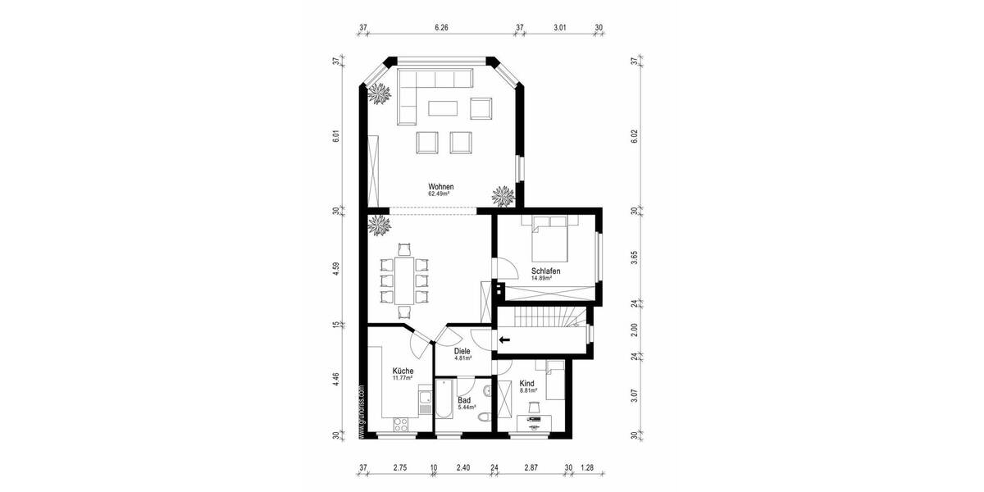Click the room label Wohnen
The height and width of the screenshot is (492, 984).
(x=440, y=186)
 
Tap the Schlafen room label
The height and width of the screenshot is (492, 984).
(x=545, y=271)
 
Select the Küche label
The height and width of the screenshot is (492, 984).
(x=403, y=371)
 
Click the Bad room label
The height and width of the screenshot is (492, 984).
(x=463, y=400)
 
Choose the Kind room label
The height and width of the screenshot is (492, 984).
(x=527, y=384)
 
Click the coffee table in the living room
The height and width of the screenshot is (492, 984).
(x=443, y=108)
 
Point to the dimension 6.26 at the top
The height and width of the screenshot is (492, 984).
(x=441, y=27)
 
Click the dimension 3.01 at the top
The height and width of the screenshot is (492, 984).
(x=560, y=27)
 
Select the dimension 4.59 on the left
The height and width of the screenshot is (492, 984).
(x=336, y=270)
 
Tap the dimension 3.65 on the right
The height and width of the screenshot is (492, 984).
(x=634, y=260)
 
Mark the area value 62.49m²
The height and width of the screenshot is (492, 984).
(x=440, y=194)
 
